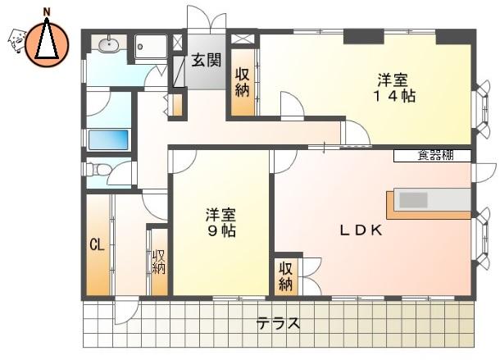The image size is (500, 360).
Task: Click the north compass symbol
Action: tap(47, 43)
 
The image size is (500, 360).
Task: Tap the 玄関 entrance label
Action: tap(206, 60)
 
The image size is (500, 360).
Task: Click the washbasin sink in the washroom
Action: tap(108, 44)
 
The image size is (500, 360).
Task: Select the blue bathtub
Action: tap(108, 139)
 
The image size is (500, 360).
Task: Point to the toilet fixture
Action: tap(96, 169)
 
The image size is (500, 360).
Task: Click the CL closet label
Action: tap(97, 245)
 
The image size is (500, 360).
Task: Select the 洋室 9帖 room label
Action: tap(220, 222)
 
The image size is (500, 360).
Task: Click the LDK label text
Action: tap(361, 230)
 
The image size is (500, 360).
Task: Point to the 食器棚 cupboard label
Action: tap(435, 156)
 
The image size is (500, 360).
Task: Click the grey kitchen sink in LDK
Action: tap(414, 200)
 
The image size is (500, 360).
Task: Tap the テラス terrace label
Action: tap(278, 324)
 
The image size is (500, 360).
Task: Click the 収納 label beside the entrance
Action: tap(242, 83)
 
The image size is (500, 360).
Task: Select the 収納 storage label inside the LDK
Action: tap(286, 276)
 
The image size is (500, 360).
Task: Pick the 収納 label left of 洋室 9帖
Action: tap(158, 262)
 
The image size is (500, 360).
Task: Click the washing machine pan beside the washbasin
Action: tap(151, 47)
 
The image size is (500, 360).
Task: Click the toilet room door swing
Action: tap(120, 173)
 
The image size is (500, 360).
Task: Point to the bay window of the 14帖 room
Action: tap(482, 109)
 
